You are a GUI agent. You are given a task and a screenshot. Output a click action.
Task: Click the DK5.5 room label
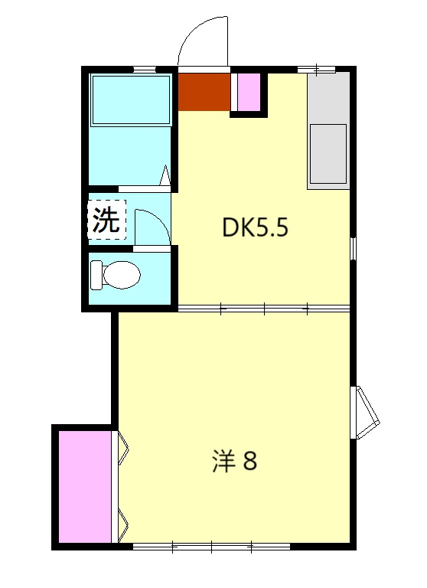click(x=255, y=227)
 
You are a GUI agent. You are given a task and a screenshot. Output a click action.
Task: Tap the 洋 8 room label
click(x=233, y=462)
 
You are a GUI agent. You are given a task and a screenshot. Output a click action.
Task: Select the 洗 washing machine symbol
click(x=106, y=220)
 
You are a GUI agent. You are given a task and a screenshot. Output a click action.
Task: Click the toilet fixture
click(x=115, y=275)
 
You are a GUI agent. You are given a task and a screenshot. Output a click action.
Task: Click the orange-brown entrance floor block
click(x=204, y=91)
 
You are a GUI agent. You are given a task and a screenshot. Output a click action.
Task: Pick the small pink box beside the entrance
click(x=248, y=92)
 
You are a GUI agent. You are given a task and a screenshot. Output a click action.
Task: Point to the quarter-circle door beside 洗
click(x=150, y=226)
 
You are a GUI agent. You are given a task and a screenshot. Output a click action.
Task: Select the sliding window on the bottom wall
click(x=212, y=547)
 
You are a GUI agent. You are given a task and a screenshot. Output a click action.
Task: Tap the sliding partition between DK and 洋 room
click(x=264, y=309)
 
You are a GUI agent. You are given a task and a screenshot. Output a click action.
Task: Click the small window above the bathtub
click(x=144, y=70)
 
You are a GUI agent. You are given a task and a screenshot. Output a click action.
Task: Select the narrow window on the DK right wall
click(x=353, y=248)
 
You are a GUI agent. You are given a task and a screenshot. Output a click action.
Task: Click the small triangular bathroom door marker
click(x=165, y=175)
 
